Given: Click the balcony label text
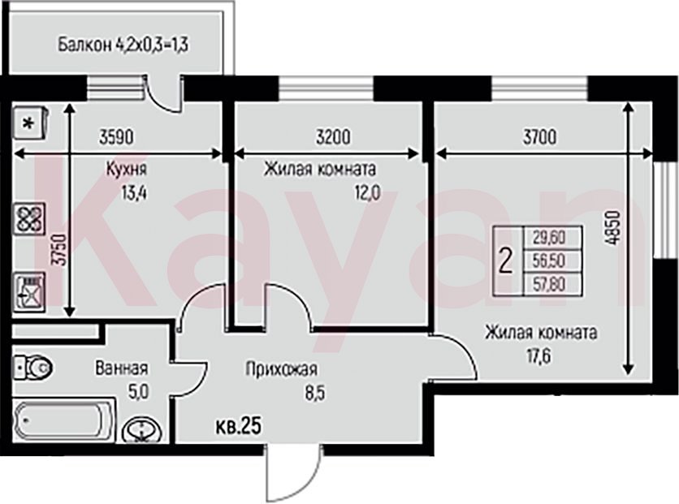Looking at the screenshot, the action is (123, 44).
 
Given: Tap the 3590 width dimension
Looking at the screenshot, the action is (116, 138).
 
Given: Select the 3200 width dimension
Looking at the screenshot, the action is (332, 137).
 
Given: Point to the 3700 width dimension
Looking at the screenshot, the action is (539, 137).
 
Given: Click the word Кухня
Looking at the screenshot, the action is (127, 169).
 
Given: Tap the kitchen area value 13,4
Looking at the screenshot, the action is (134, 192).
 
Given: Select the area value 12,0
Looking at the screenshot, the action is (367, 193).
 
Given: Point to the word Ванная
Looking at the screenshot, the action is (122, 368).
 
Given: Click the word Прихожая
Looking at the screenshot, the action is (282, 369).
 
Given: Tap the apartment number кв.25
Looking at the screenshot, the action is (239, 427).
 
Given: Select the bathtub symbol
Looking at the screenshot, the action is (63, 420).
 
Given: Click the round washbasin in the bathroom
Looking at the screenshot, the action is (142, 430).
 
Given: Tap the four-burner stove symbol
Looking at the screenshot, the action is (29, 219).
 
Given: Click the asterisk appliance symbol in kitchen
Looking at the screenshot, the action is (30, 123).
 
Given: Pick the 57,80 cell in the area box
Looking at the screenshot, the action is (549, 285).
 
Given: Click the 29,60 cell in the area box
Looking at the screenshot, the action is (549, 237).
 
